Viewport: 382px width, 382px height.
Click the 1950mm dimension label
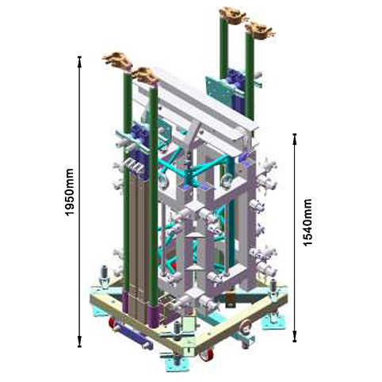coord(69,192)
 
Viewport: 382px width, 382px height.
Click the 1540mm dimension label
coord(308,223)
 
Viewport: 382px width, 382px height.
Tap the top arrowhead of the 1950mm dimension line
coord(79,59)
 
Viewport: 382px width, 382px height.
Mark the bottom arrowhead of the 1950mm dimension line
coord(79,344)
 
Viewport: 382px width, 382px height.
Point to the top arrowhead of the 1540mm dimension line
coord(295,136)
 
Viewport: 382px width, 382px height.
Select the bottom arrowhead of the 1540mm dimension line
coord(295,339)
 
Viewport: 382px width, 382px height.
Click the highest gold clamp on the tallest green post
coord(232,14)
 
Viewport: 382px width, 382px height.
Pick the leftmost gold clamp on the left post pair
coord(117,59)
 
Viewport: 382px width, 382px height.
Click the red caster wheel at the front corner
coord(208,354)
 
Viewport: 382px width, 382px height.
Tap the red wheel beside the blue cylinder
coord(113,323)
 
